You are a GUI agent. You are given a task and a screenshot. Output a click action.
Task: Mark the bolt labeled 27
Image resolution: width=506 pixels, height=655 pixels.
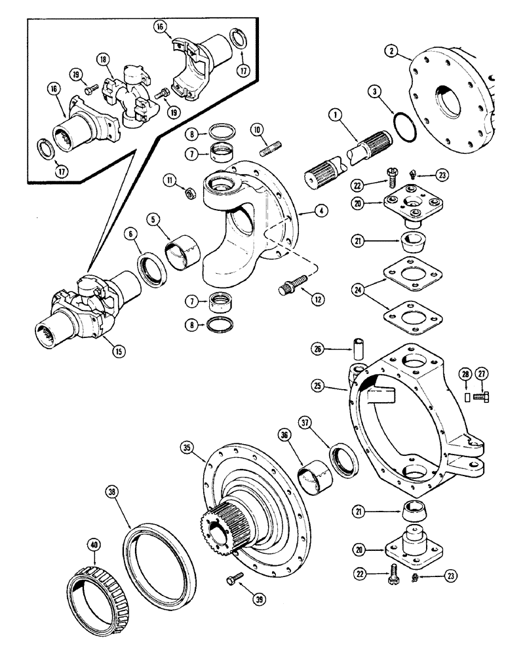click(486, 396)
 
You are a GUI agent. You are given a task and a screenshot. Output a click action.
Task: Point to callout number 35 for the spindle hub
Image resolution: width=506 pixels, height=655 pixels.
click(188, 448)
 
